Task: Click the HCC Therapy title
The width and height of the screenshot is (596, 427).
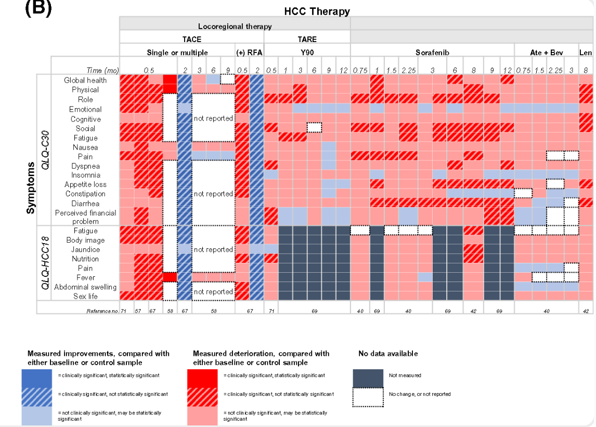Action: [317, 11]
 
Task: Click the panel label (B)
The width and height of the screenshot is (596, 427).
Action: [38, 9]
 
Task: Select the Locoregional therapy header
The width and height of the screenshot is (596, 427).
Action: [235, 25]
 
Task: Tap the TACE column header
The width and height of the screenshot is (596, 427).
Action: [191, 39]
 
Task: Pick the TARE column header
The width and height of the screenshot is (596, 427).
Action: [307, 39]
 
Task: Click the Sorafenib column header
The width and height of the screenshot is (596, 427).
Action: [432, 52]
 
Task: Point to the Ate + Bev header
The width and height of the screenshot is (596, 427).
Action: [546, 52]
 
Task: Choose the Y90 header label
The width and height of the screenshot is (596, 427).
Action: [307, 52]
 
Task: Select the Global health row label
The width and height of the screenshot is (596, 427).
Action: [85, 80]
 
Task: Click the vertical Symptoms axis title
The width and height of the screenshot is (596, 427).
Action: [31, 188]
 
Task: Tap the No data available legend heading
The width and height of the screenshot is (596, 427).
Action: [388, 354]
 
